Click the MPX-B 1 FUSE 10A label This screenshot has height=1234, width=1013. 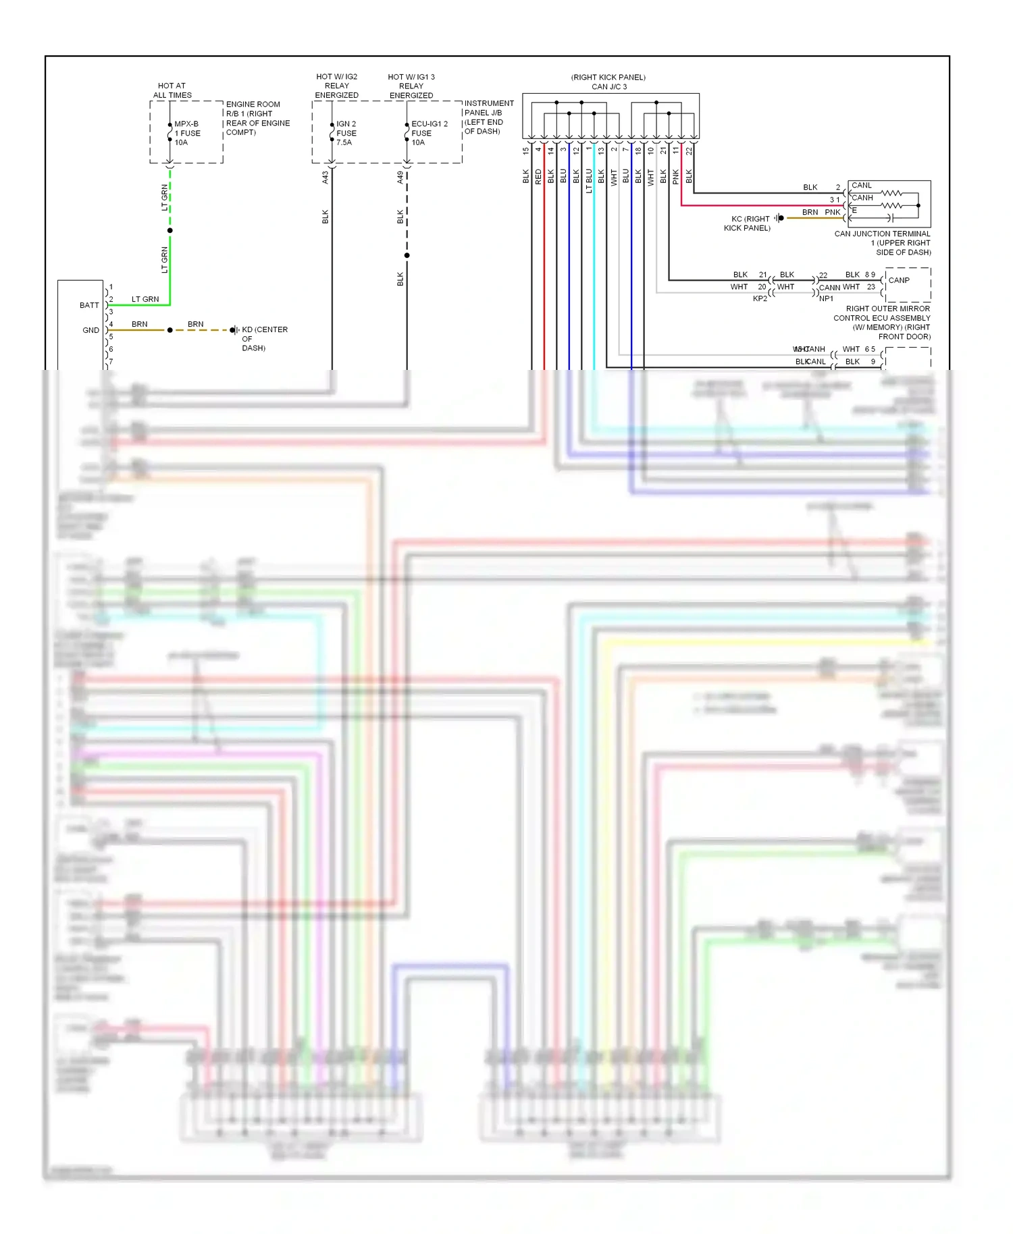point(187,133)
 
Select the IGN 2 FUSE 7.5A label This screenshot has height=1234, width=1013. point(346,133)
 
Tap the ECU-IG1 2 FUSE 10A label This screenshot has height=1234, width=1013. point(429,133)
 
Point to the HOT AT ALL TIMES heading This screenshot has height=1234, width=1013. point(172,90)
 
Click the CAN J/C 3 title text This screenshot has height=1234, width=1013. point(608,86)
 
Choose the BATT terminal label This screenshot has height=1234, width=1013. point(89,305)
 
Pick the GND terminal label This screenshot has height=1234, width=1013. point(90,330)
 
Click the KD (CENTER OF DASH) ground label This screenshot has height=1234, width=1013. point(264,338)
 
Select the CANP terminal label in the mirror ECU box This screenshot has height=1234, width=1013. point(899,280)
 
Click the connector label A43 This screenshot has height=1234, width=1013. point(325,177)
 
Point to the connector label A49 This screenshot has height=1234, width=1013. point(400,177)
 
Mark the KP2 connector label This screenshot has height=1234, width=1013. point(760,298)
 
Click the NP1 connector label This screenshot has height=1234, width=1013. point(826,298)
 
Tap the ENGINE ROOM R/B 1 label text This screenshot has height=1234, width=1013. point(257,118)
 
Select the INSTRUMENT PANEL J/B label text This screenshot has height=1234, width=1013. point(488,117)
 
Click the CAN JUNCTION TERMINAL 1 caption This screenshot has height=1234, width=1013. point(882,243)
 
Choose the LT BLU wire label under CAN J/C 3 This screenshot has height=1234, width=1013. point(589,181)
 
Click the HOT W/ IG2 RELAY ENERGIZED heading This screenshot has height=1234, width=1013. point(336,86)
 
